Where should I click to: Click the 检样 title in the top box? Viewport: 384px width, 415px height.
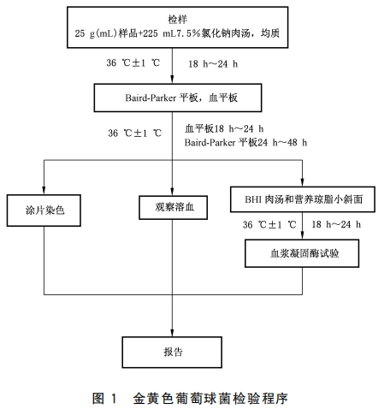[177, 20]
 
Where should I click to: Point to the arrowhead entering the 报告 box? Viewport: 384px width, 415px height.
[172, 333]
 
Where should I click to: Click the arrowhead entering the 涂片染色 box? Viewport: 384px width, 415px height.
[44, 191]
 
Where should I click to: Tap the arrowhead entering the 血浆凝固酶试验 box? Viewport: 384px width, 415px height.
[302, 235]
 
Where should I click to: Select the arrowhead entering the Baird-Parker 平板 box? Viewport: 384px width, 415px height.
[172, 80]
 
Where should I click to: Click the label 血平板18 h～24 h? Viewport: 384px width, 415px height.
[224, 129]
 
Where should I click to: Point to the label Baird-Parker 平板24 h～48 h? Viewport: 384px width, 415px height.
[245, 142]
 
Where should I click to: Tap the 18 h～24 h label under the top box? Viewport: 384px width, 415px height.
[213, 64]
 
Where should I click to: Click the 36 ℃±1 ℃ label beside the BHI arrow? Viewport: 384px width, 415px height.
[269, 225]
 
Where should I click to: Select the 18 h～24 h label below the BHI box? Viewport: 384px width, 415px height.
[336, 224]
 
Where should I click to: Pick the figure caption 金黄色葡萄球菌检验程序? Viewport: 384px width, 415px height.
[210, 399]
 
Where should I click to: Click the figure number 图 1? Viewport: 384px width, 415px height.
[104, 399]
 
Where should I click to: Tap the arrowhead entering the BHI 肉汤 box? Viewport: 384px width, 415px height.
[302, 183]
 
